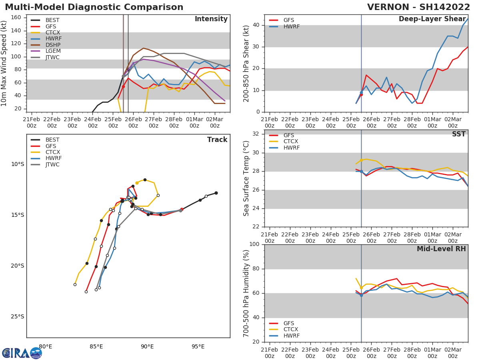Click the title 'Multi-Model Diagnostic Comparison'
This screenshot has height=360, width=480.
(x=94, y=7)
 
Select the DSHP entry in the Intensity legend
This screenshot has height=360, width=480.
(x=52, y=45)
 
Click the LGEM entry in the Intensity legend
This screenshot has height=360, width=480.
(x=52, y=51)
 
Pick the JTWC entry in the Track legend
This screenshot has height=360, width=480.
(x=52, y=164)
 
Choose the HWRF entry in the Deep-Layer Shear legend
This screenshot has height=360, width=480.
(x=291, y=26)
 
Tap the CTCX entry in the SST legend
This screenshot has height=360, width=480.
(x=291, y=142)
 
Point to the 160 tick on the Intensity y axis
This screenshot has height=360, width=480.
(x=16, y=17)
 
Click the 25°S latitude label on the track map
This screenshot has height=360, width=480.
(x=17, y=316)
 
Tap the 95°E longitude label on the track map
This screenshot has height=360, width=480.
(x=198, y=346)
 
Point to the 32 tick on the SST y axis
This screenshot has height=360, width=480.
(x=255, y=134)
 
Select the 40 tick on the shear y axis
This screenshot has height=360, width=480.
(x=255, y=25)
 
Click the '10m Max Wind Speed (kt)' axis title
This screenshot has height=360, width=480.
(x=4, y=63)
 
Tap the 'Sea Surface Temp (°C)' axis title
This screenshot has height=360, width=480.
(x=246, y=178)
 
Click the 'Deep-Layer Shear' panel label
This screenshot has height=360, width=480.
(x=432, y=19)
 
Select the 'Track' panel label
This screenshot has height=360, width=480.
(x=217, y=140)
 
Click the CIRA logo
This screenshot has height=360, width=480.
(x=22, y=353)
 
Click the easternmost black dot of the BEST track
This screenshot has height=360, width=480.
(x=216, y=193)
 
